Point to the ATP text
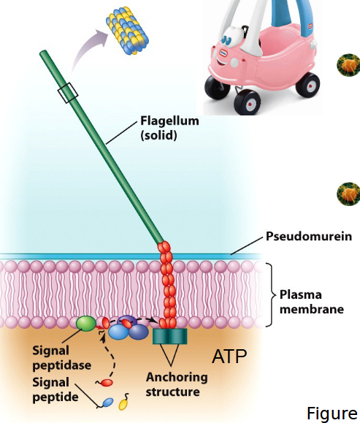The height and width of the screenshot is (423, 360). (x=229, y=357)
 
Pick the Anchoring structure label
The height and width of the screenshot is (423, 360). (x=176, y=384)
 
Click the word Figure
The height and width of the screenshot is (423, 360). (x=332, y=414)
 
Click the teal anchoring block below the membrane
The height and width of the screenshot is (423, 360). (x=170, y=337)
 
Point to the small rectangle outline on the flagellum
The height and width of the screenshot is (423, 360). (x=67, y=93)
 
